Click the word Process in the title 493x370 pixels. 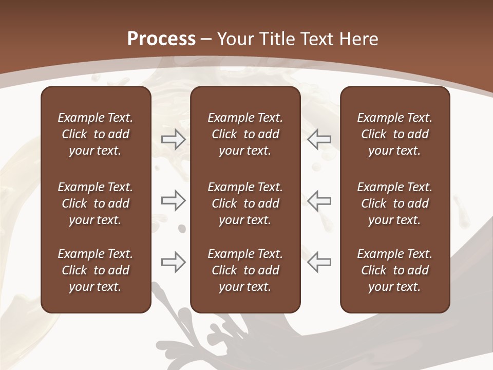click(x=161, y=39)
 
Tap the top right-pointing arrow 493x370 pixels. click(x=173, y=139)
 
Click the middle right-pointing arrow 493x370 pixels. click(x=173, y=200)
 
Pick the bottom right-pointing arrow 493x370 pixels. click(x=173, y=262)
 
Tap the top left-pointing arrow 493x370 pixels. click(x=319, y=139)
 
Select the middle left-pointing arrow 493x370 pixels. click(x=319, y=200)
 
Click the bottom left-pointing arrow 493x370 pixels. click(x=319, y=262)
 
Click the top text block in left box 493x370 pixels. click(x=96, y=134)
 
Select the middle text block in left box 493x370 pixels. click(x=96, y=203)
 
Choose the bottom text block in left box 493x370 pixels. click(x=96, y=270)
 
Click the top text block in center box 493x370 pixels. click(x=245, y=134)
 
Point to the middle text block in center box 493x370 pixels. click(x=245, y=203)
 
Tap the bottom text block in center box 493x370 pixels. click(x=245, y=270)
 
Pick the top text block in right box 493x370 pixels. click(x=394, y=134)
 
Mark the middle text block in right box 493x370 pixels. click(x=394, y=203)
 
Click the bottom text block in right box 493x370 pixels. click(x=394, y=270)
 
